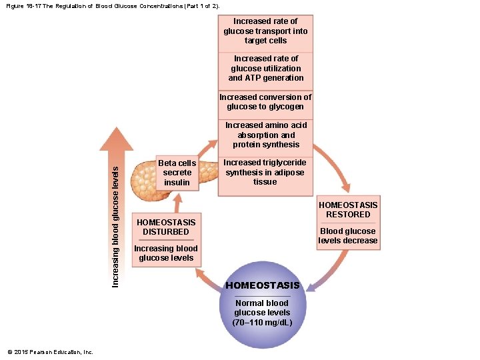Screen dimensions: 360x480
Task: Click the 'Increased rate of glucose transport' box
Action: click(265, 31)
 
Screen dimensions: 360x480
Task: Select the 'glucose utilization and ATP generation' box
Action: click(265, 69)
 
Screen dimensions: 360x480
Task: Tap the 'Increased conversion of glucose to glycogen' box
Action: click(265, 102)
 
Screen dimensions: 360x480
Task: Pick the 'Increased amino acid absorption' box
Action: click(265, 135)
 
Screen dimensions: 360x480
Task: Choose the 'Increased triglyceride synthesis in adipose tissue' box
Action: click(265, 172)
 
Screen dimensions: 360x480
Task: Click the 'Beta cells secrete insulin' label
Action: click(177, 173)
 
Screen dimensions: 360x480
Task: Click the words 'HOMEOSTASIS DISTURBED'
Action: click(165, 227)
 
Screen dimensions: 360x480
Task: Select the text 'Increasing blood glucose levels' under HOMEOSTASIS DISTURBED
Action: click(165, 253)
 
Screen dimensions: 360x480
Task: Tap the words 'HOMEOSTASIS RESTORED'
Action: click(348, 210)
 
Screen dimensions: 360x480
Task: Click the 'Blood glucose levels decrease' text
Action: click(348, 236)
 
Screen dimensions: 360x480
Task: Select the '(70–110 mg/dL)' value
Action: click(263, 323)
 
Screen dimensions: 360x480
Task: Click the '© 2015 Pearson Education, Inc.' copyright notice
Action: click(50, 352)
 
